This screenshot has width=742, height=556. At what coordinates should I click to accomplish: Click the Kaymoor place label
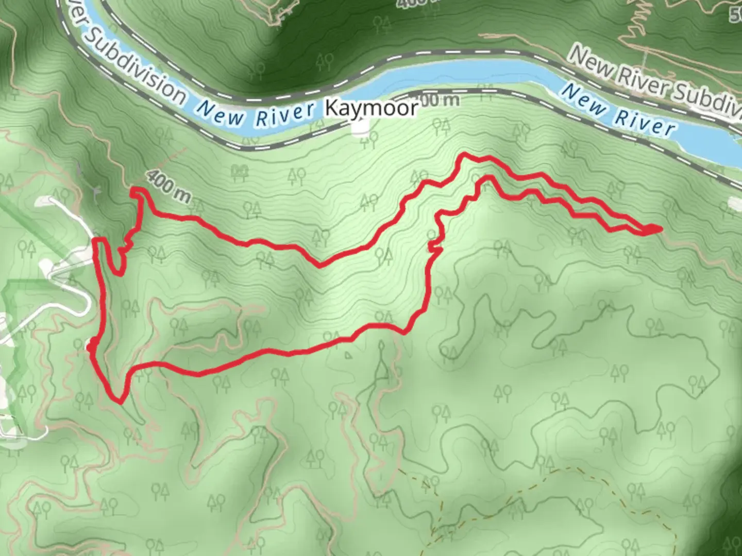point(371,108)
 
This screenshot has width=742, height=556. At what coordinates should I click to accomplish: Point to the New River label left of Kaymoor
point(256,114)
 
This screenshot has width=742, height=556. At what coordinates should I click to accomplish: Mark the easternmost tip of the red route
point(660,228)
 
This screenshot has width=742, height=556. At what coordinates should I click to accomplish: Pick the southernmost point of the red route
point(120,402)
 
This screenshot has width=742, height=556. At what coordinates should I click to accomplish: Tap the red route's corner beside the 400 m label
point(136,191)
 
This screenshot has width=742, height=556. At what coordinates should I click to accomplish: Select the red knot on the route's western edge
point(92,347)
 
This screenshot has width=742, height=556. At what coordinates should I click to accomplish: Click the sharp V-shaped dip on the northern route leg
point(320,266)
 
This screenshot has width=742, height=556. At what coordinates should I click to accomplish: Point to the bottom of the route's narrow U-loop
point(119,273)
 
